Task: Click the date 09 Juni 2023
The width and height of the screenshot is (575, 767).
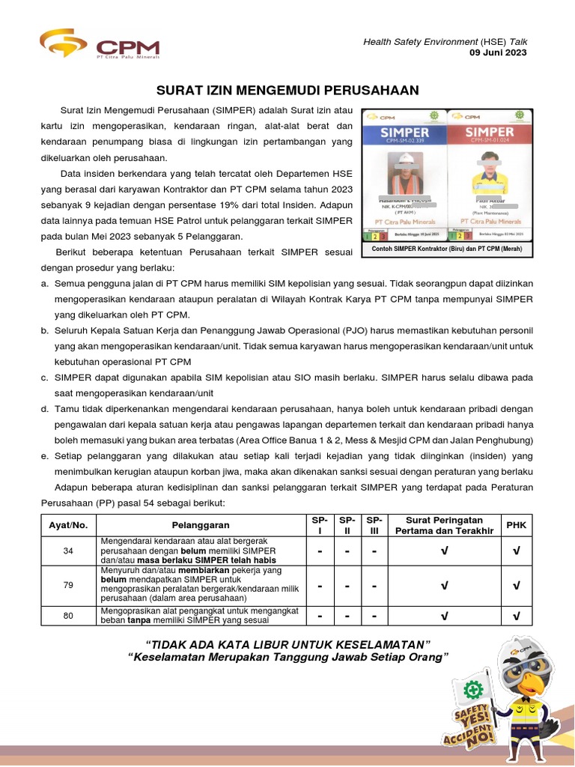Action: tap(498, 52)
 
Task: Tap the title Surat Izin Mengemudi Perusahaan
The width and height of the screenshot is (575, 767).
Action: tap(287, 91)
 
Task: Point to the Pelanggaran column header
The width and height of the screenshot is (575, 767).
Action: tap(201, 525)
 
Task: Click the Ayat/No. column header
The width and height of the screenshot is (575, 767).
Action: tap(69, 525)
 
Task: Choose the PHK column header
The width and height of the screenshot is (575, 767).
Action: tap(517, 525)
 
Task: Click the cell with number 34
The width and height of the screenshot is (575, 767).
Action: tap(69, 551)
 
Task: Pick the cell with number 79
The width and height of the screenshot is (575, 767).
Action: tap(69, 585)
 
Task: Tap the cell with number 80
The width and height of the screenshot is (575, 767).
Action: tap(69, 616)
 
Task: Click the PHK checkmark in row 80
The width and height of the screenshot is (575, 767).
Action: tap(517, 616)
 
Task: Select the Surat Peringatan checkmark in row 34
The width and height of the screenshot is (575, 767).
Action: tap(445, 551)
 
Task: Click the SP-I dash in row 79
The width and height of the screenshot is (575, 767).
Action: tap(320, 585)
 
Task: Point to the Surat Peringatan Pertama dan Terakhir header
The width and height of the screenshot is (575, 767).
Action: tap(445, 525)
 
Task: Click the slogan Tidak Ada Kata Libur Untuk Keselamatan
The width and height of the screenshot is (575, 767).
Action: tap(288, 644)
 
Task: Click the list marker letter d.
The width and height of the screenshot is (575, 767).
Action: tap(46, 408)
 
